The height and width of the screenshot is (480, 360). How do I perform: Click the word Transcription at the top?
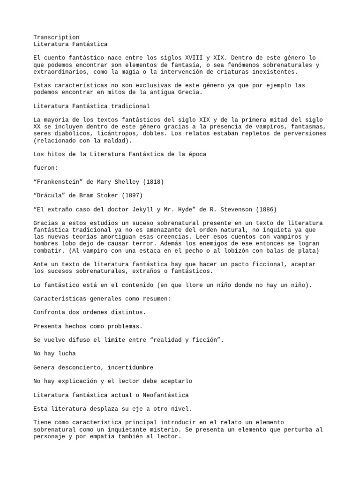coord(56,37)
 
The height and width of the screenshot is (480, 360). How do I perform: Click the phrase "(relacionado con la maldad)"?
coord(83,140)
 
